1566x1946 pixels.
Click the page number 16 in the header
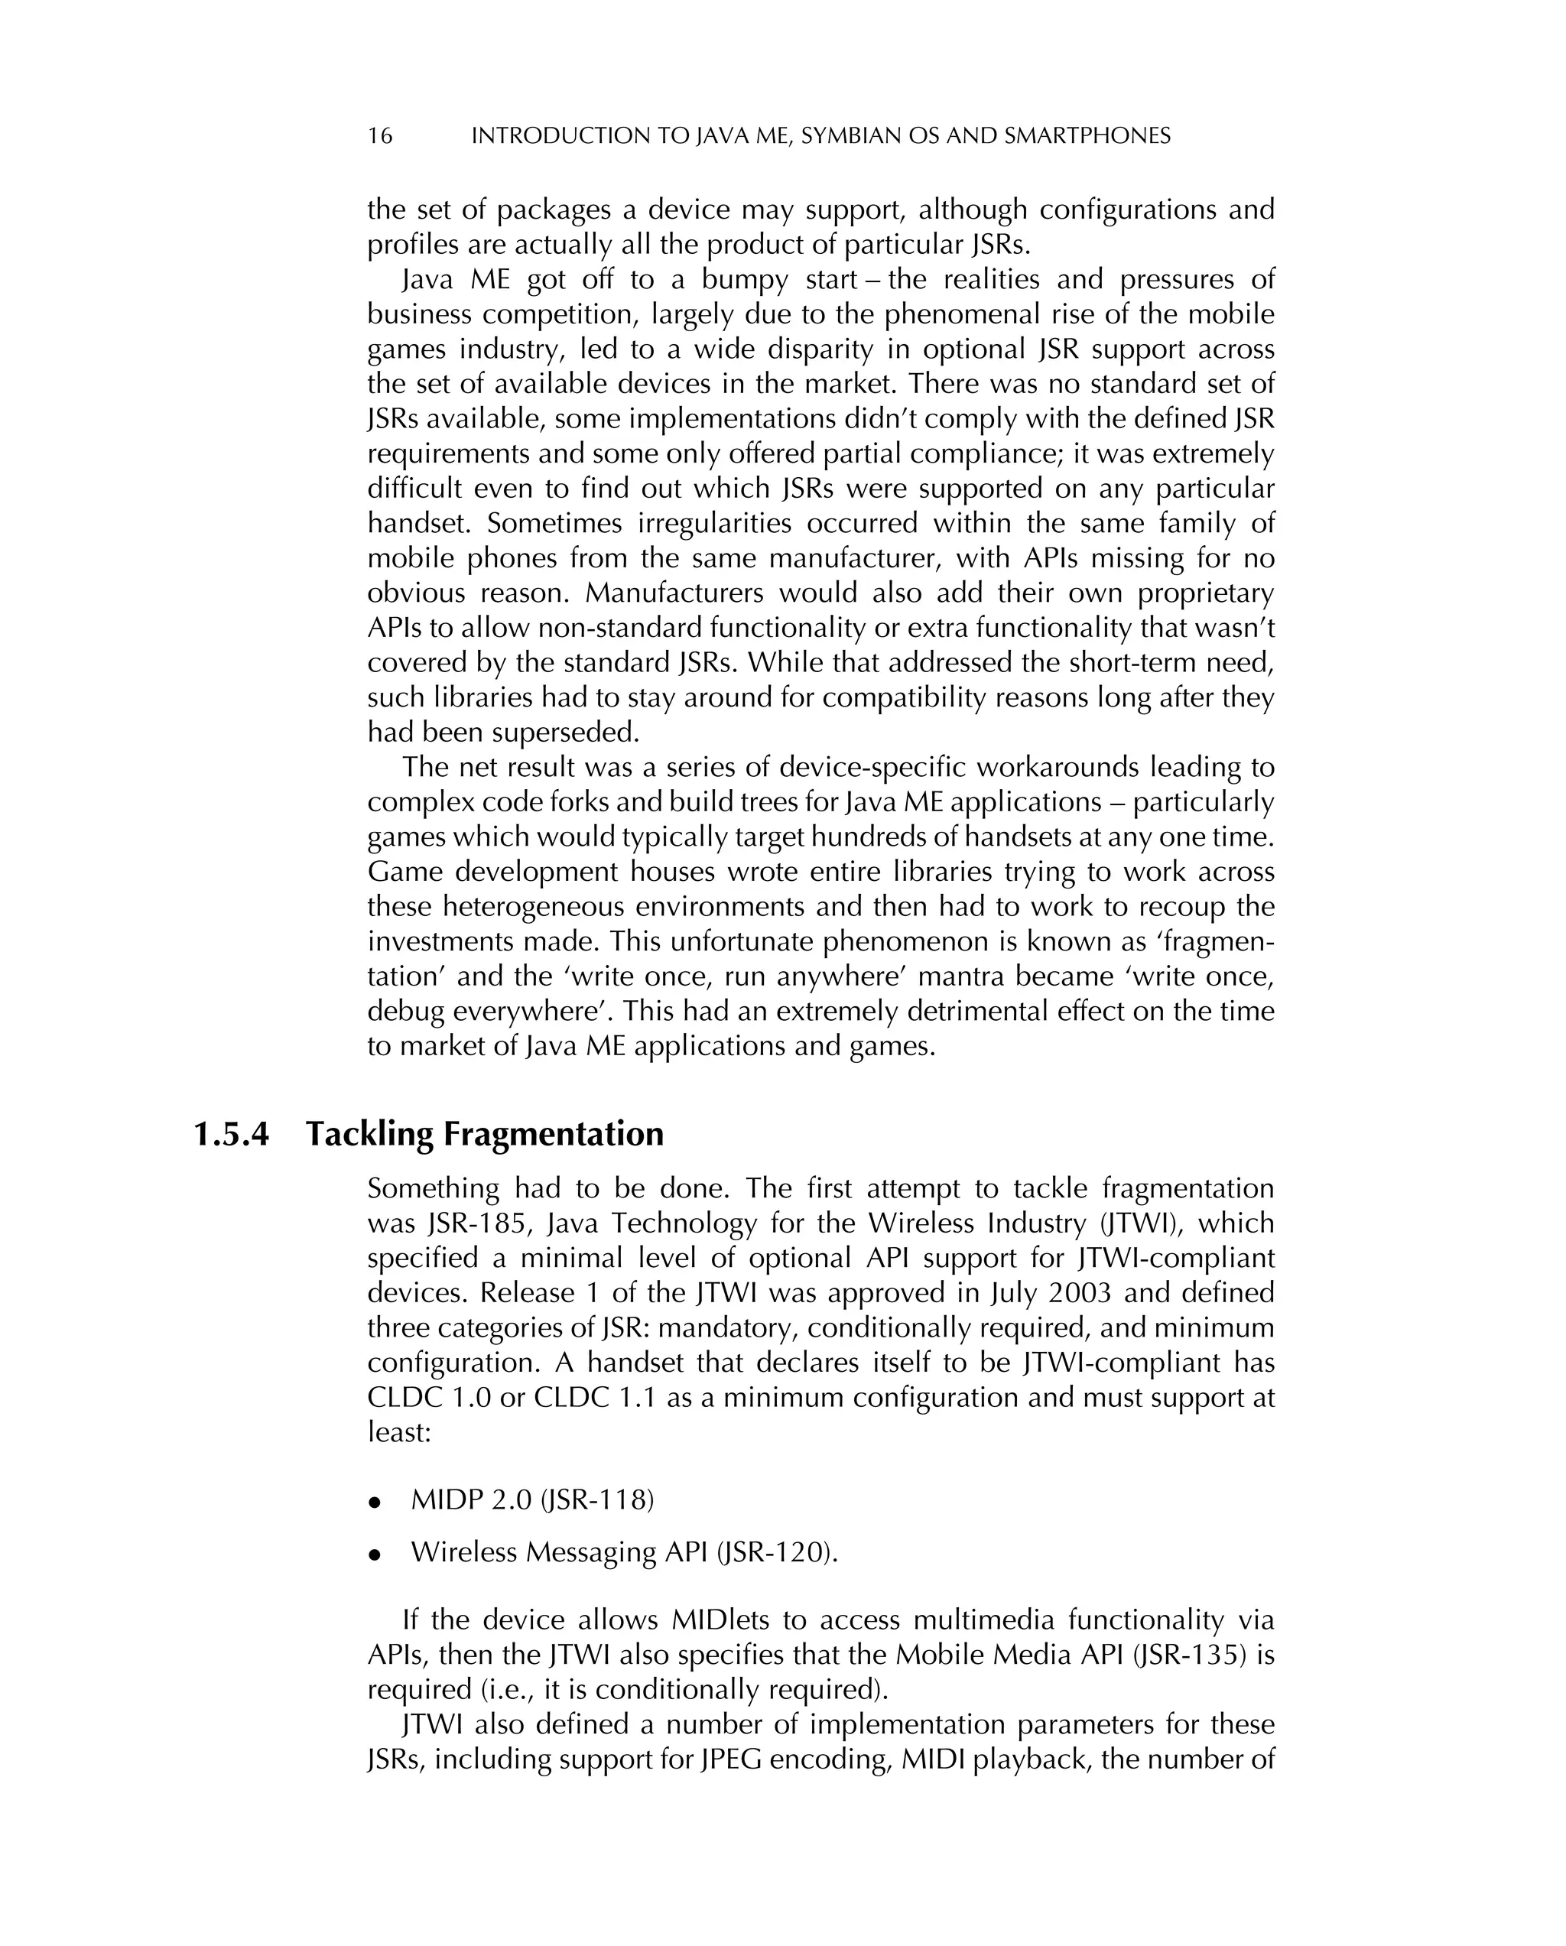[x=380, y=136]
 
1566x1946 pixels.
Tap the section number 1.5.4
[x=232, y=1135]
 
